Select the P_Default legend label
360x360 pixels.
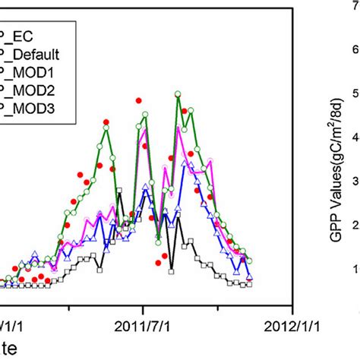click(x=35, y=55)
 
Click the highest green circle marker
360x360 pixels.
click(x=178, y=94)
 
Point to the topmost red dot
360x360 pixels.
click(x=138, y=100)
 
